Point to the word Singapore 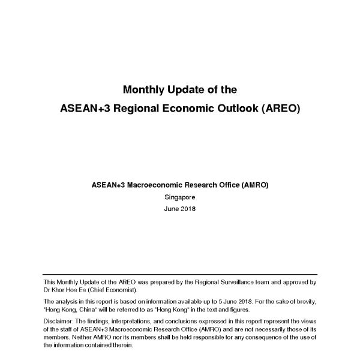[x=179, y=197]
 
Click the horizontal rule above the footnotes [x=179, y=274]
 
